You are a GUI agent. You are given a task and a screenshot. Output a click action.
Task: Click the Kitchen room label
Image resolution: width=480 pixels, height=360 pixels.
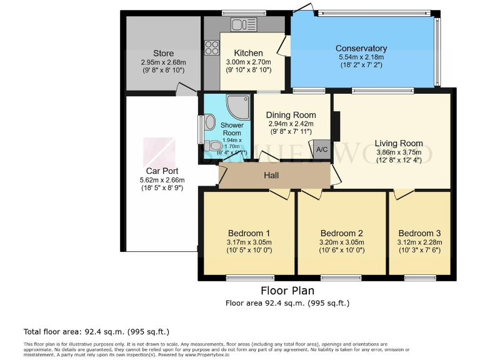click(x=248, y=53)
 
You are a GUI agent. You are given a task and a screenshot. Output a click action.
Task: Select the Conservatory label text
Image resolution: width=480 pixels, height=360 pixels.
click(x=361, y=48)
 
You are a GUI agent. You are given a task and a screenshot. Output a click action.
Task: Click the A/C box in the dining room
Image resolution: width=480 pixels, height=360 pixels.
click(x=322, y=150)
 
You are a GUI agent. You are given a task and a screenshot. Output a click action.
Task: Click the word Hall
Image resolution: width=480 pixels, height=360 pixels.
click(x=271, y=176)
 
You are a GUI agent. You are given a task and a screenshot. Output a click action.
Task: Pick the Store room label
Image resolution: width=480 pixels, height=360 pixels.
click(x=164, y=53)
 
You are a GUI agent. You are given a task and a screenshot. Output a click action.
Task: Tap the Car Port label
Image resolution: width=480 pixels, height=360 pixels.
click(x=162, y=171)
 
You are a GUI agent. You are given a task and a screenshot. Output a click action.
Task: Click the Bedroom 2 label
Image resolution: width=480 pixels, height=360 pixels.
click(x=341, y=233)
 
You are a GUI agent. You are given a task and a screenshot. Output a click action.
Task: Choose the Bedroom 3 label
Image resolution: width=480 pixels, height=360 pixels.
click(x=419, y=233)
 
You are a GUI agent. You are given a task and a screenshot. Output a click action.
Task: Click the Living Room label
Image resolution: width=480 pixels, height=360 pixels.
click(x=399, y=143)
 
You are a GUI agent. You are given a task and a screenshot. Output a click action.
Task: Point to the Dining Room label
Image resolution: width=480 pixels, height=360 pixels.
click(x=291, y=115)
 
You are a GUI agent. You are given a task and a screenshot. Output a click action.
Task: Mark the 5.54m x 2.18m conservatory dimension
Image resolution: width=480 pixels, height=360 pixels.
click(x=361, y=57)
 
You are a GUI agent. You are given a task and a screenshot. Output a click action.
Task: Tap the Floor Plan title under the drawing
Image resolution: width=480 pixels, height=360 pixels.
click(x=287, y=291)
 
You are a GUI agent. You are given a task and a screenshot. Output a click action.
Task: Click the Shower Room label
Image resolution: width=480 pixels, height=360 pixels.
click(x=232, y=129)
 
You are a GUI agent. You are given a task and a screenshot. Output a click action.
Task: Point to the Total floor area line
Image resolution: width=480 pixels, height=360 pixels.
click(x=96, y=331)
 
